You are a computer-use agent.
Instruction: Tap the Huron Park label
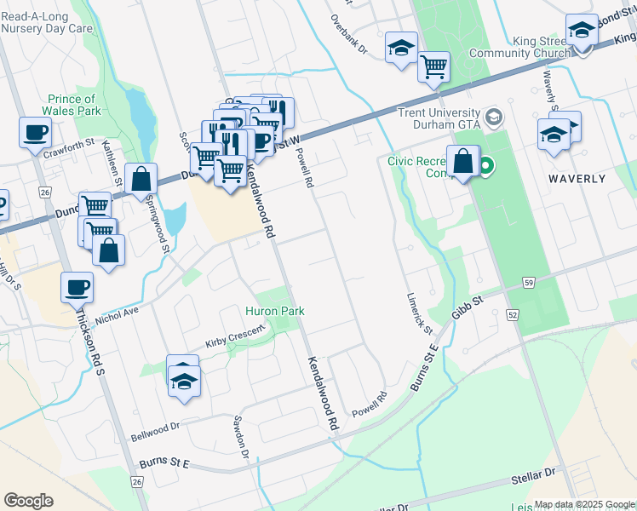[275, 311]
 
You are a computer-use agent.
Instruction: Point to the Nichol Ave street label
[117, 314]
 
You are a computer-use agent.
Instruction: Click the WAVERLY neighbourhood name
[577, 179]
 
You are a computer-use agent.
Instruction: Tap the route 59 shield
[530, 282]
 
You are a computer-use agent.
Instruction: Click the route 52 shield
[513, 314]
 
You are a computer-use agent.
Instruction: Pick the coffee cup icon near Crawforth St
[35, 133]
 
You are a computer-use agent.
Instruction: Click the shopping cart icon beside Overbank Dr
[433, 66]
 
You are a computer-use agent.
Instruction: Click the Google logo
[28, 500]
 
